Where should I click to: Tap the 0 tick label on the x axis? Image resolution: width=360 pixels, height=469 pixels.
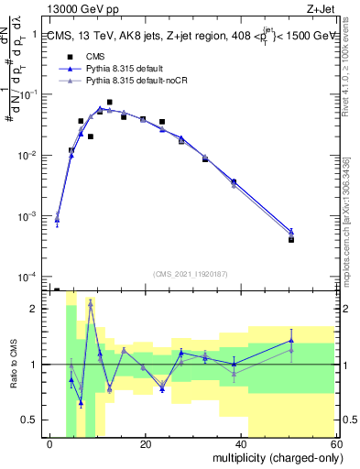[50, 444]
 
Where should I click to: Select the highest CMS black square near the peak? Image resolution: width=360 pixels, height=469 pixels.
[109, 103]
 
